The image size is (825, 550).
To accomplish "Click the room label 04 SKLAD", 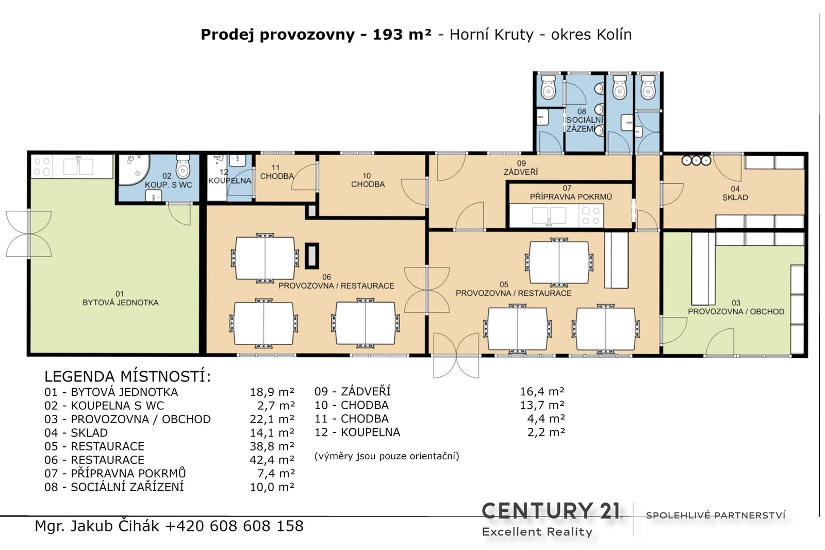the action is [735, 193].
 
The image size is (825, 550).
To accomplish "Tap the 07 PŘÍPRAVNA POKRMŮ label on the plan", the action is [570, 193].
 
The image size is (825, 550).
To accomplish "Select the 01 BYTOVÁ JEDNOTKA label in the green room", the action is [121, 298].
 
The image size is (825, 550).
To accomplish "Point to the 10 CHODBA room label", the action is [368, 180].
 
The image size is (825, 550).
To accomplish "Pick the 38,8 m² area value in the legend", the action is [272, 446].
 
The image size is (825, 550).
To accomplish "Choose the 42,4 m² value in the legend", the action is [272, 460].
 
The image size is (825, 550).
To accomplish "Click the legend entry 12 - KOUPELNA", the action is [357, 432].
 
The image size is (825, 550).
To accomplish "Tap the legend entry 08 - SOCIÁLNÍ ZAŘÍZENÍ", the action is [114, 487].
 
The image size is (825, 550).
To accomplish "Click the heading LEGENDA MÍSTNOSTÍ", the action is [127, 377].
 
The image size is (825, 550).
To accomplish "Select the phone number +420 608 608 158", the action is [235, 526].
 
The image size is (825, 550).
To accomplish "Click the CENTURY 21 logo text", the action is [551, 511].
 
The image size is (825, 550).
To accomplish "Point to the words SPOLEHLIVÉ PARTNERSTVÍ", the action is [716, 515].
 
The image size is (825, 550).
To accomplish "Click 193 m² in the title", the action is [402, 35].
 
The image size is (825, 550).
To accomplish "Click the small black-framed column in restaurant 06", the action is [311, 256].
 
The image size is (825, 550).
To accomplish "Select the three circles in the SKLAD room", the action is [696, 160].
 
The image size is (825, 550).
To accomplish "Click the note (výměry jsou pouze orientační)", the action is [387, 456].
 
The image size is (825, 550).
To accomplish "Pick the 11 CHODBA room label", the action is [276, 172].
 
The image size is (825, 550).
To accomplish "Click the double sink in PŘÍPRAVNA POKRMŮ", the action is [549, 216].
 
